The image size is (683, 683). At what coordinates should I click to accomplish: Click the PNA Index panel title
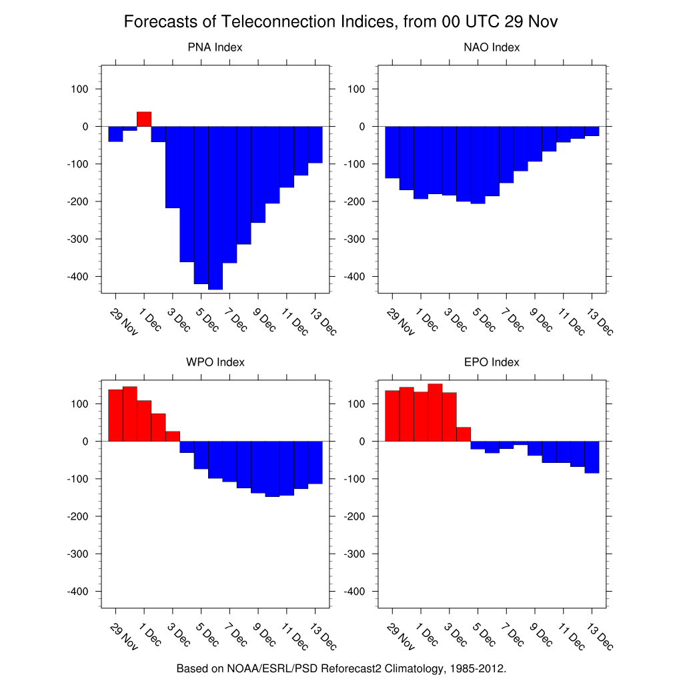215,47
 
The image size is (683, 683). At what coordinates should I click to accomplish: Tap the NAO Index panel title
492,47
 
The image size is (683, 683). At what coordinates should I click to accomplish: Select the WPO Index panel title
215,362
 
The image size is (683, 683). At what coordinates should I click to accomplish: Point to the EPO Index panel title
492,362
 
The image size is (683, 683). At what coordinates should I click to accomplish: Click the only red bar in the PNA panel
144,119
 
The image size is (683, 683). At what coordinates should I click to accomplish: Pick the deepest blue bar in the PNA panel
215,207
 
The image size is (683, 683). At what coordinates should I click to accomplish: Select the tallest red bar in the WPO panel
130,414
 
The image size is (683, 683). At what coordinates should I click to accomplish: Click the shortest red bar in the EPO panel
464,434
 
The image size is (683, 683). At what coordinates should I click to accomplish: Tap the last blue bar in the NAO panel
592,131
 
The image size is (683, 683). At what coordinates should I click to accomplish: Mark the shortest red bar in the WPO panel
173,436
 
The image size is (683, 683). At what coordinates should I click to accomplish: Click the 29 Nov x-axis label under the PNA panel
124,321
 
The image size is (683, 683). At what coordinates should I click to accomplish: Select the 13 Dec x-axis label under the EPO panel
600,636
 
